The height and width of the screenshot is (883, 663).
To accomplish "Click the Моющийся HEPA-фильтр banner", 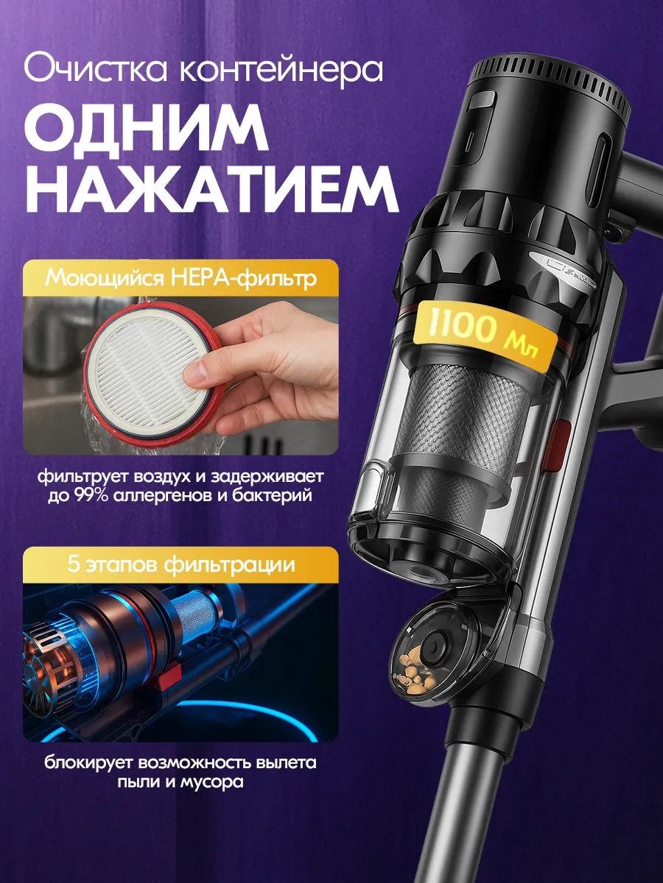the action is (180, 278).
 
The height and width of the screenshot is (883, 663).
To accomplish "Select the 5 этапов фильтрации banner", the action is (180, 564).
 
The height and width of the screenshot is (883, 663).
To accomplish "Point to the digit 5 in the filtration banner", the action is (74, 564).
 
